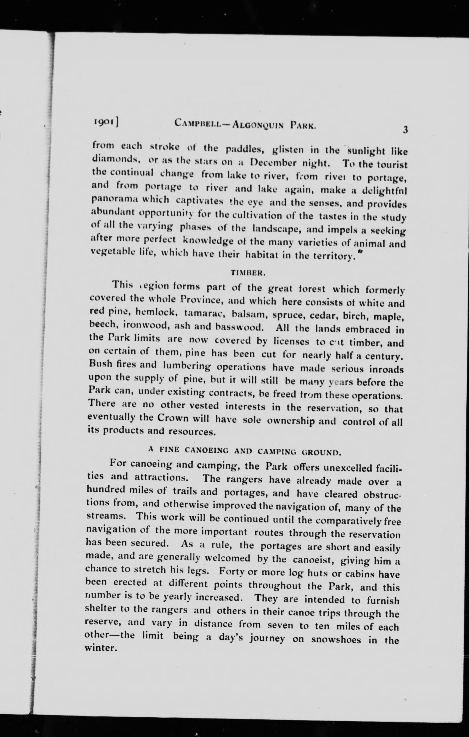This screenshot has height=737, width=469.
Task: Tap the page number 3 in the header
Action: tap(405, 130)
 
